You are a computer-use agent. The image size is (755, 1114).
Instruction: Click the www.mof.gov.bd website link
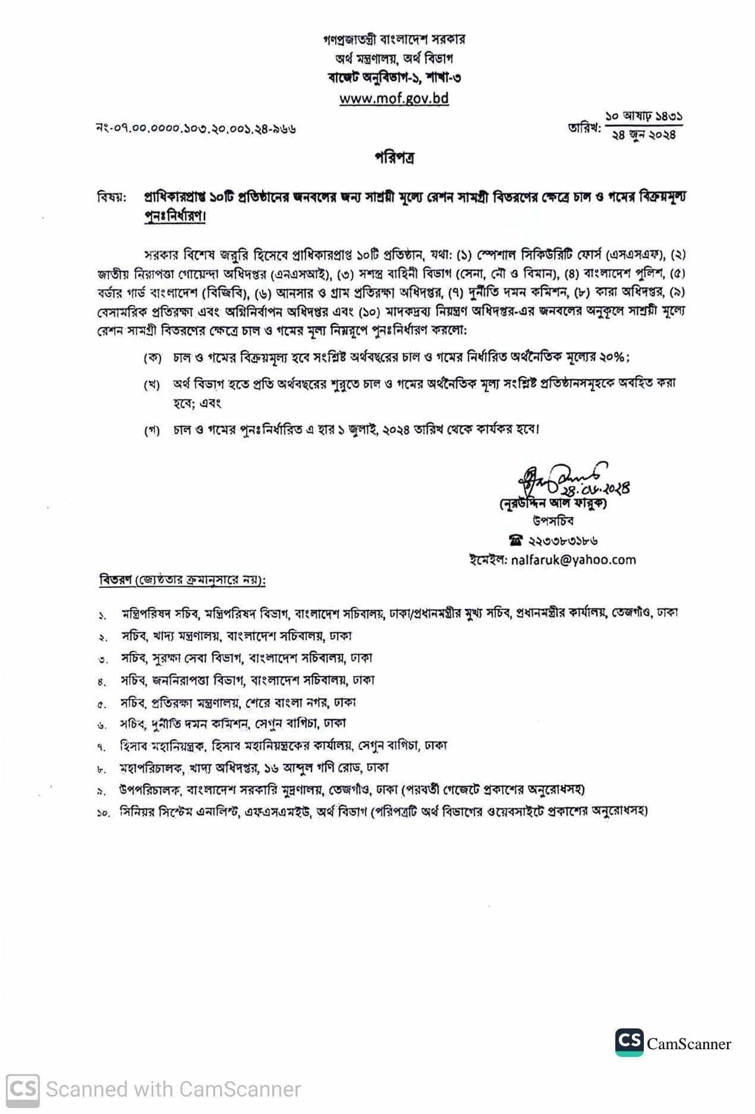(x=394, y=98)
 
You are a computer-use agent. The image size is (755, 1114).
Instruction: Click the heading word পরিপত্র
(x=394, y=158)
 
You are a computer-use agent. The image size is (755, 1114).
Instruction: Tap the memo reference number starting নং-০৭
(x=196, y=128)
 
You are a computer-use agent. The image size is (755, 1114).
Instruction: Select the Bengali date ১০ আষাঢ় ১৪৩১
(x=644, y=117)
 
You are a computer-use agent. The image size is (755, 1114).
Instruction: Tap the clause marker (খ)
(x=152, y=385)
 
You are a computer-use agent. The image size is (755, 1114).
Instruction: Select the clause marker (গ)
(x=152, y=430)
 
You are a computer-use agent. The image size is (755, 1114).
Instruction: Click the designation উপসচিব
(x=553, y=521)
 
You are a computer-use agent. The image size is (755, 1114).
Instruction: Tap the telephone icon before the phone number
(x=515, y=541)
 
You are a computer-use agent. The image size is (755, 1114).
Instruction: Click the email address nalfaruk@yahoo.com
(x=573, y=559)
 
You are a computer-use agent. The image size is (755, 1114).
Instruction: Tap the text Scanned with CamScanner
(x=173, y=1089)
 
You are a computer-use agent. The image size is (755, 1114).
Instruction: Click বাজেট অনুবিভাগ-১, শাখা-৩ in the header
(x=394, y=78)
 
